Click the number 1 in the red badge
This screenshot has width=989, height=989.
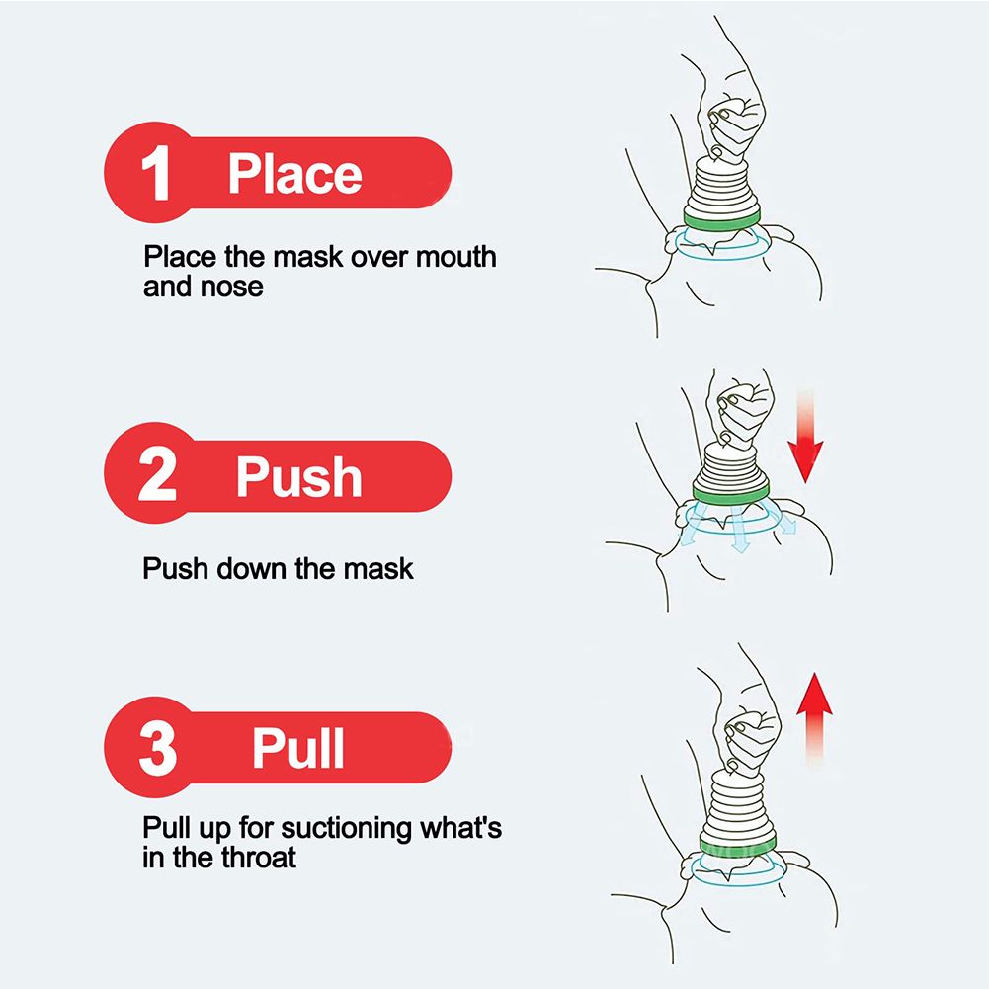[x=156, y=173]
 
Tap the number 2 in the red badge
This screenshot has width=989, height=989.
[x=157, y=473]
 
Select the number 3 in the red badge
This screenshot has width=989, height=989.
[x=157, y=749]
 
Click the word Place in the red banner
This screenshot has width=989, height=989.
[x=295, y=174]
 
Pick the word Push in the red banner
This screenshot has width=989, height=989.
[x=299, y=476]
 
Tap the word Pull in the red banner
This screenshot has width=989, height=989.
[x=298, y=748]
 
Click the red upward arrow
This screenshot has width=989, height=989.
[x=814, y=719]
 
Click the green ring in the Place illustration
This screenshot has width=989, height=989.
[x=722, y=219]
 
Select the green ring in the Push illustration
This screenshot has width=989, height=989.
[x=731, y=491]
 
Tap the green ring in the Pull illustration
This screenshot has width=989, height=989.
[x=738, y=846]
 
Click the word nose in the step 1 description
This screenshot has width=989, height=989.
[x=231, y=287]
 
